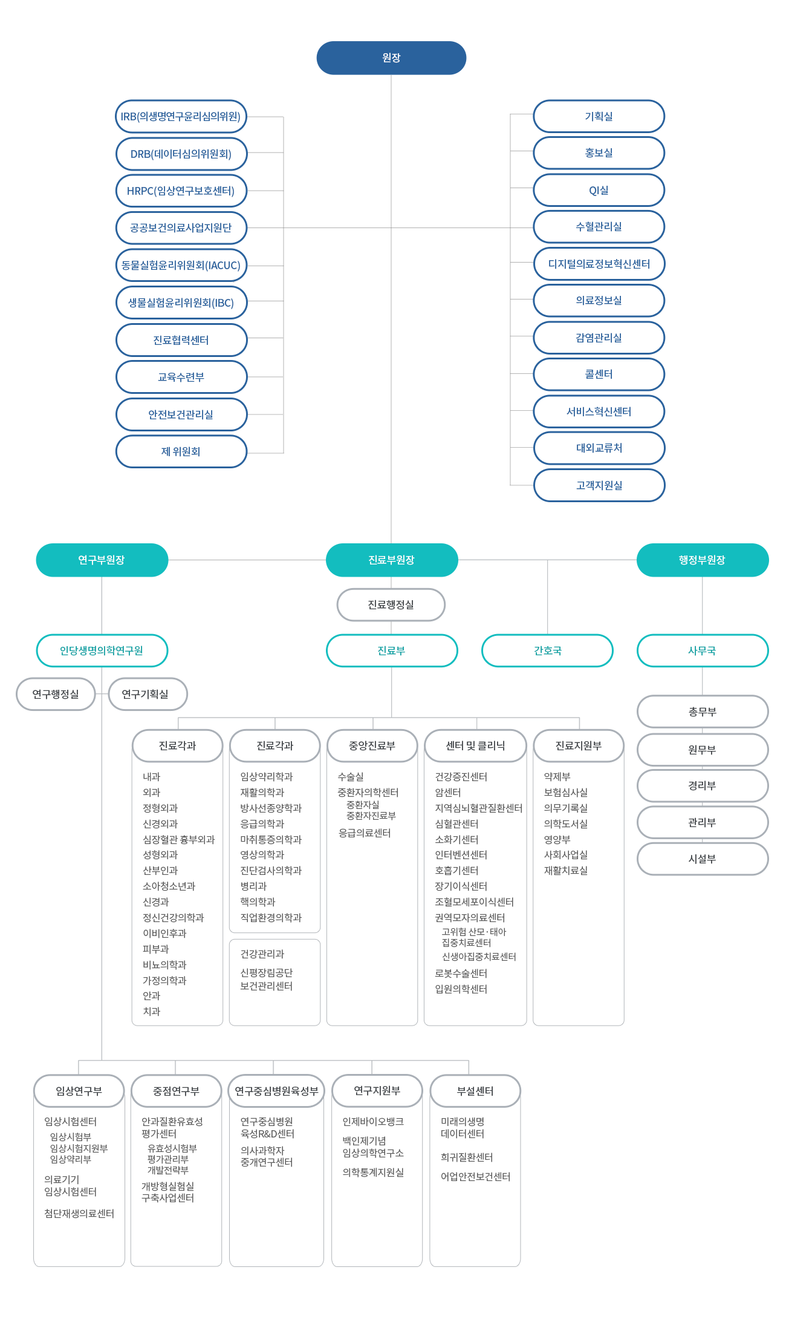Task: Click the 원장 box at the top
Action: click(x=391, y=58)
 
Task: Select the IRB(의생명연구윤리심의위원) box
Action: click(x=181, y=117)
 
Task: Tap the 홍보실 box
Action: click(x=599, y=153)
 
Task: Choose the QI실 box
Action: click(x=599, y=190)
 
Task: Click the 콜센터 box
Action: click(x=599, y=375)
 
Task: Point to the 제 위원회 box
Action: click(x=181, y=451)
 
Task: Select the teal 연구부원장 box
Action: click(x=102, y=560)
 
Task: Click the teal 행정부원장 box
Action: click(x=703, y=560)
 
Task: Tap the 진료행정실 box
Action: click(x=391, y=605)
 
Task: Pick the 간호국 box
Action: click(x=547, y=651)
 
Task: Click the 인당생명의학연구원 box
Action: click(x=102, y=651)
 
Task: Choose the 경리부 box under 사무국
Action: click(x=703, y=786)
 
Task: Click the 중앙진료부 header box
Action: click(x=372, y=746)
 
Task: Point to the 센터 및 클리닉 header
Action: click(x=475, y=746)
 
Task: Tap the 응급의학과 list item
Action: click(x=262, y=823)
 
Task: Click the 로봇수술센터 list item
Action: click(x=461, y=973)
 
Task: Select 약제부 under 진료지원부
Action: click(x=557, y=776)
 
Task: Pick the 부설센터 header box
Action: click(x=475, y=1091)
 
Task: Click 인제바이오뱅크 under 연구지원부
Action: click(x=373, y=1121)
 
